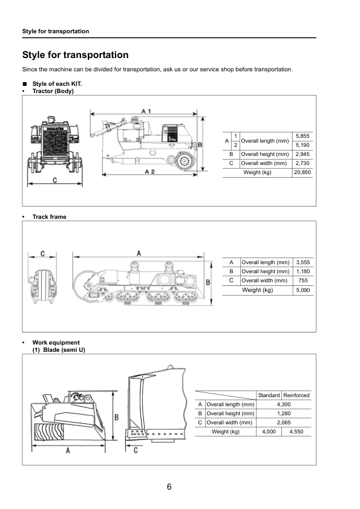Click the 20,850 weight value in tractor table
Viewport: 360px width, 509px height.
click(302, 172)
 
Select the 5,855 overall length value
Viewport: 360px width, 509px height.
click(302, 135)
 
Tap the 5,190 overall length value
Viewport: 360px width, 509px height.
click(302, 145)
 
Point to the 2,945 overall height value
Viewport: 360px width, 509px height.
click(302, 154)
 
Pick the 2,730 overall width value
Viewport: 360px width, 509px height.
click(302, 163)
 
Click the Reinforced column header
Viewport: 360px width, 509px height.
click(296, 395)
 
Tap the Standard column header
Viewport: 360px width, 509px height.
click(269, 395)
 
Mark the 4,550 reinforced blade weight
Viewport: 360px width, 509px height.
click(296, 432)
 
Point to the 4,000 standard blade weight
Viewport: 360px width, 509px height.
click(269, 432)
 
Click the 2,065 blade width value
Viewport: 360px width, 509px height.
click(283, 423)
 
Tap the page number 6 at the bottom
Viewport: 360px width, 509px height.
click(170, 487)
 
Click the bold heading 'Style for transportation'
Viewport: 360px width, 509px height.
click(75, 55)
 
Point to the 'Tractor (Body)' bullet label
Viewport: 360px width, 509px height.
click(53, 91)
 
